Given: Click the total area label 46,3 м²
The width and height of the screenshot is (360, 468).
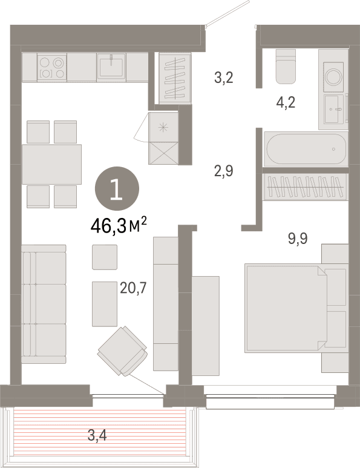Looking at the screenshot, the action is click(x=119, y=226).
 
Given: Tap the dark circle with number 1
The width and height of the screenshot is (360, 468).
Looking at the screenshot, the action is click(x=117, y=189).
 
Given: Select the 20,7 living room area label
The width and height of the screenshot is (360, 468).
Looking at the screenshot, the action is click(x=133, y=288).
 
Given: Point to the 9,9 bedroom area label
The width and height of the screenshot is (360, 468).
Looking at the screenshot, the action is click(x=298, y=239).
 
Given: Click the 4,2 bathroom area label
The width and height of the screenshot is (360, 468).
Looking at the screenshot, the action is click(x=286, y=103).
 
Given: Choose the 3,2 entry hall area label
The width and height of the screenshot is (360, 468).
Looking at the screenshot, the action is click(x=224, y=77).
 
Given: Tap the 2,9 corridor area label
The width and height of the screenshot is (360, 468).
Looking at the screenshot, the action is click(x=224, y=171).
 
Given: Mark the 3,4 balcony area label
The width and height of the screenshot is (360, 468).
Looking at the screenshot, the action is click(x=97, y=436).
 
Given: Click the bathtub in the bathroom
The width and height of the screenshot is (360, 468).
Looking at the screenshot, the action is click(x=306, y=149).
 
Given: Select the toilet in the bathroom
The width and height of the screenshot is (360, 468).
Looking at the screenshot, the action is click(x=286, y=66).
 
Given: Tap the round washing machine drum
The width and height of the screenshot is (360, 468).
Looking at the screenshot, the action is click(x=334, y=77).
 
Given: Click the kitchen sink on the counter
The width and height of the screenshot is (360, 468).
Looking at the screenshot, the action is click(x=111, y=67).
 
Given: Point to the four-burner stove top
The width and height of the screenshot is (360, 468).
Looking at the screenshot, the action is click(x=52, y=67).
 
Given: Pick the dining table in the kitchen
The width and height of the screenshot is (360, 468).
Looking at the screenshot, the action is click(x=51, y=164).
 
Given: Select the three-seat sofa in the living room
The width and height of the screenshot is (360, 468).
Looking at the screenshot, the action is click(x=44, y=304).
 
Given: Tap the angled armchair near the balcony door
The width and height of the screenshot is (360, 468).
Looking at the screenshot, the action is click(x=123, y=351).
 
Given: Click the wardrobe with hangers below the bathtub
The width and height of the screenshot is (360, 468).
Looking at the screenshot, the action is click(x=306, y=187).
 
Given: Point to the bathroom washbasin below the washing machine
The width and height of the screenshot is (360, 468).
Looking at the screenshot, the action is click(x=333, y=109).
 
